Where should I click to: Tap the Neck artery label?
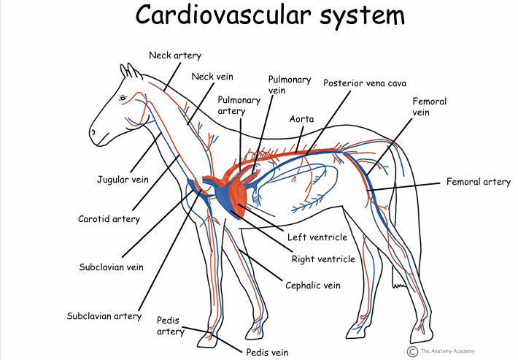pyautogui.click(x=174, y=55)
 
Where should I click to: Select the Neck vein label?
pyautogui.click(x=207, y=76)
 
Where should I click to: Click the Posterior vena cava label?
pyautogui.click(x=365, y=83)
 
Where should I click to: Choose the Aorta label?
pyautogui.click(x=301, y=118)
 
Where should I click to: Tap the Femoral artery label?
pyautogui.click(x=478, y=183)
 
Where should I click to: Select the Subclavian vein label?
pyautogui.click(x=111, y=267)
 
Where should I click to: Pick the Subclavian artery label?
pyautogui.click(x=104, y=316)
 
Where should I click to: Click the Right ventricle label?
pyautogui.click(x=323, y=259)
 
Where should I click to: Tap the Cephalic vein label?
pyautogui.click(x=312, y=285)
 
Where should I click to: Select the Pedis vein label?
pyautogui.click(x=266, y=353)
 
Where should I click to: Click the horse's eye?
pyautogui.click(x=122, y=98)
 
